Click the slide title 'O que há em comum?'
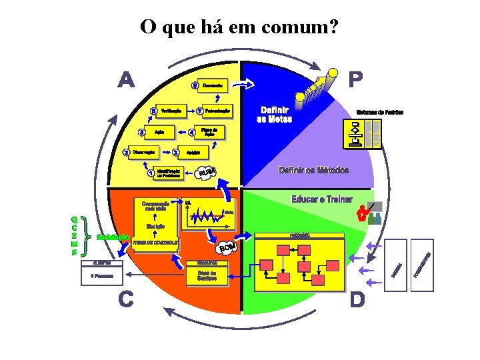pos(239,27)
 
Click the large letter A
pos(127,80)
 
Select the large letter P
pos(355,80)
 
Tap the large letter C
pos(125,301)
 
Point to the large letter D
pos(357,301)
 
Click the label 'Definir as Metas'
pos(274,114)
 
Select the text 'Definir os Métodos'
pos(313,170)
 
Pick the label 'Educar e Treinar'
pos(322,200)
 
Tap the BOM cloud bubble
pos(228,248)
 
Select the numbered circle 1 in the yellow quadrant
pos(151,174)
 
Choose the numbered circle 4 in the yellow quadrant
pos(193,132)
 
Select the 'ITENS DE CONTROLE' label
pos(155,244)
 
